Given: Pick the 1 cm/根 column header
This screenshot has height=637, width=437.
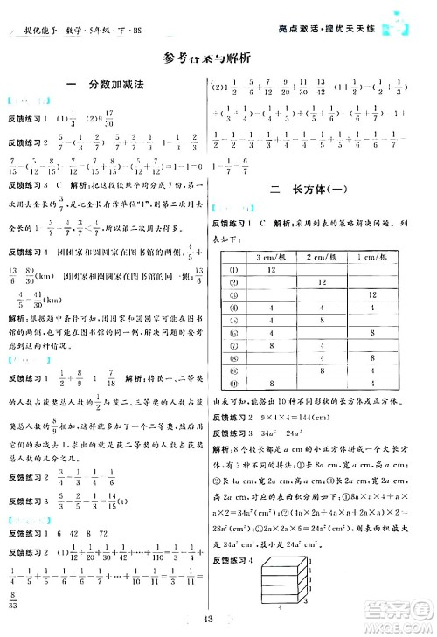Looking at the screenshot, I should pyautogui.click(x=372, y=255).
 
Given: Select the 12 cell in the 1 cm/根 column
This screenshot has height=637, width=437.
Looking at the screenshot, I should pyautogui.click(x=372, y=296).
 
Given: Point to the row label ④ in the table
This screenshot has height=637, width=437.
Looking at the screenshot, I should pyautogui.click(x=233, y=308).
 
